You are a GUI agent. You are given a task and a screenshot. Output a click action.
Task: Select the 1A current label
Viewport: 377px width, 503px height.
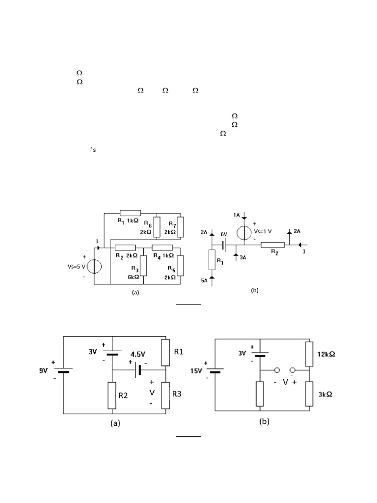pyautogui.click(x=237, y=215)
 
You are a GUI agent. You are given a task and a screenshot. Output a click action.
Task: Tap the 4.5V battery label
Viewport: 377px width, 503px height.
pyautogui.click(x=139, y=353)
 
